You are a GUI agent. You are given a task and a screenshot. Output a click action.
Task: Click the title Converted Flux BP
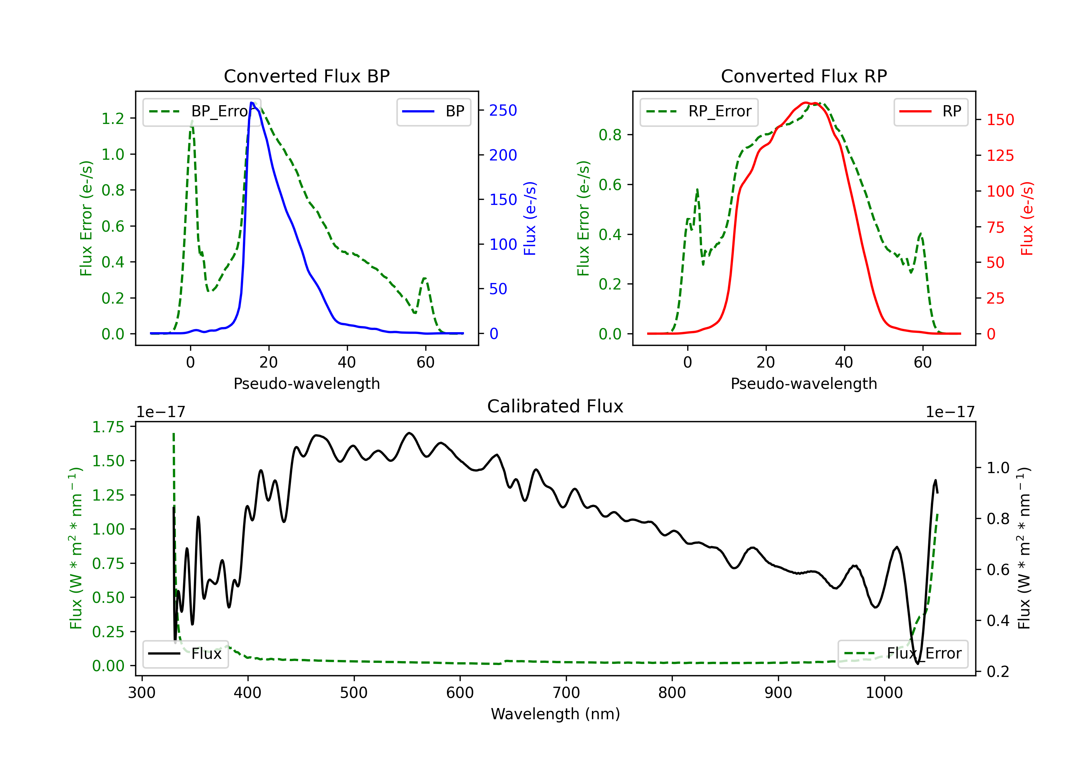306,76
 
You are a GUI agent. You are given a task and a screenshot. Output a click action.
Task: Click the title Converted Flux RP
804,76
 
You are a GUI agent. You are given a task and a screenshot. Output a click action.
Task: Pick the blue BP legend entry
433,111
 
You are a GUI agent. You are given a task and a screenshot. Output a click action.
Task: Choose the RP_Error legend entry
699,111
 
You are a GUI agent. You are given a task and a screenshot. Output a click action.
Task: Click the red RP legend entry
930,111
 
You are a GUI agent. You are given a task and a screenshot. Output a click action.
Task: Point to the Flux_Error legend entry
903,654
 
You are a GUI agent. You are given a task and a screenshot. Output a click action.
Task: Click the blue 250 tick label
503,111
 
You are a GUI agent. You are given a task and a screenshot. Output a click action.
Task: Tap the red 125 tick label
1000,155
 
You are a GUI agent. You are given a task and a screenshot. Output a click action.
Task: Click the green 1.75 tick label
108,427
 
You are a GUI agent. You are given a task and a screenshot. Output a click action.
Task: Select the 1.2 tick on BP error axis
113,118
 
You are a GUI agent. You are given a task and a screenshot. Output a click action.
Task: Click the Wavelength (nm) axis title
555,714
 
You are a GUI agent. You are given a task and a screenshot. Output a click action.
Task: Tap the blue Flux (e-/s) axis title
530,219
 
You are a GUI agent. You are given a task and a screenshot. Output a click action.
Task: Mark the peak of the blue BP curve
251,103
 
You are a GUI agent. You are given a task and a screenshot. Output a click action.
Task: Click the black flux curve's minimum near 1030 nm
917,664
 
